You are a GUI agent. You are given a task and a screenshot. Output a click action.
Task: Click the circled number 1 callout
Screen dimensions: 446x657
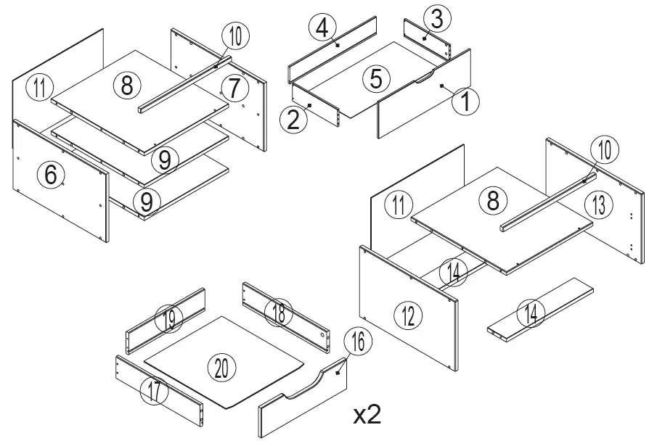465,102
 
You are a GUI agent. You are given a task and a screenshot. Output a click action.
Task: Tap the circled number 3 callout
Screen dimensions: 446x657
435,20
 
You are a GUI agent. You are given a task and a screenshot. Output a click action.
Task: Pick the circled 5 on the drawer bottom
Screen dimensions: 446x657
375,78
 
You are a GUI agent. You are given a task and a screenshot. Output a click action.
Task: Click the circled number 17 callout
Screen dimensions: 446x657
154,392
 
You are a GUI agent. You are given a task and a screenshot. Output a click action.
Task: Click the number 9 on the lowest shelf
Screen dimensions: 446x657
147,202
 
